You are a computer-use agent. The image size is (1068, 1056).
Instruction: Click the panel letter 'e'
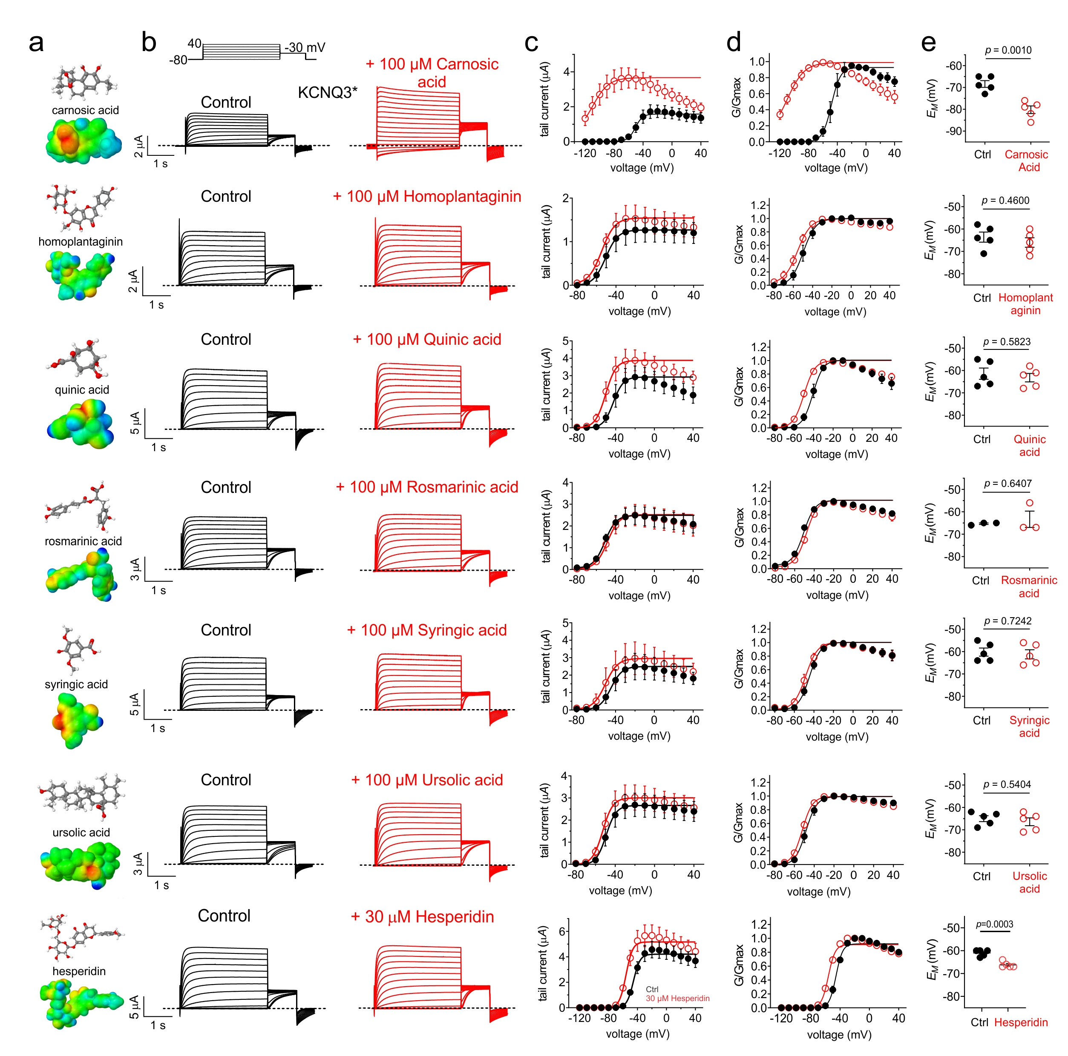928,43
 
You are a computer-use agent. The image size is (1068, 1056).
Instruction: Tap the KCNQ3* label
327,92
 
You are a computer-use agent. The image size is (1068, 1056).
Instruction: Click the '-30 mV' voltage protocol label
305,48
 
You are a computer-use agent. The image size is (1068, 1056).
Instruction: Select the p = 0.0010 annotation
1008,50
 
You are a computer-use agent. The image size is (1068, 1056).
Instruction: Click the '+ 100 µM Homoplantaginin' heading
427,197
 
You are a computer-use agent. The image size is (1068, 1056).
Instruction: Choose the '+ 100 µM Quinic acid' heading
427,340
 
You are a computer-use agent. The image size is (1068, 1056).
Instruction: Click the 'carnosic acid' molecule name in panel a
85,110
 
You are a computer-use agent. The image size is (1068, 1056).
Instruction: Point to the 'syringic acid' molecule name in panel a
76,684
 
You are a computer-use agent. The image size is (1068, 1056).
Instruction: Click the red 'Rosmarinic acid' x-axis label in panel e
1029,587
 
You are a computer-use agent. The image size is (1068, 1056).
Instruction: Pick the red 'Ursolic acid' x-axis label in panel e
1029,882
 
